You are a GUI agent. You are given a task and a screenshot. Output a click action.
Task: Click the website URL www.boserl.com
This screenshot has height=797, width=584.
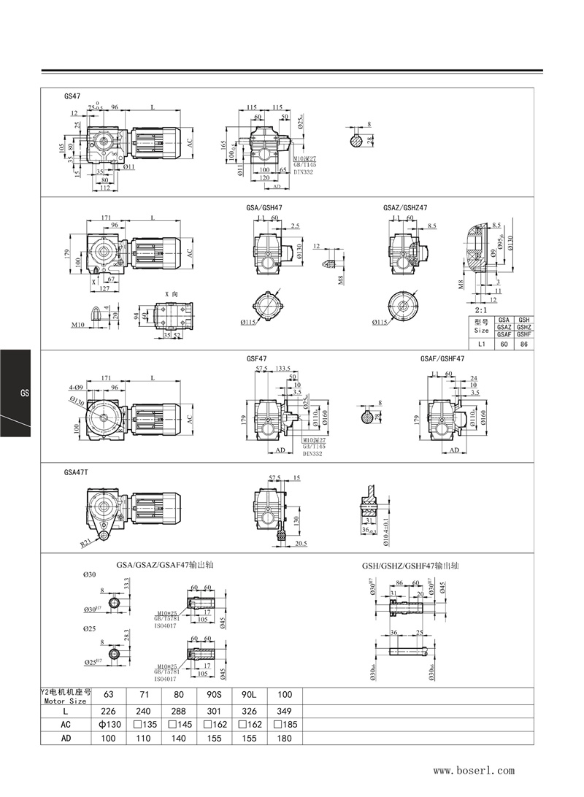pos(474,770)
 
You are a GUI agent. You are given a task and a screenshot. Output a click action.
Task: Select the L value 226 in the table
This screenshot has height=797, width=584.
pos(109,710)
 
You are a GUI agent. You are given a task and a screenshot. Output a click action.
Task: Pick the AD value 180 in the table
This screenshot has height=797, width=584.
pos(284,738)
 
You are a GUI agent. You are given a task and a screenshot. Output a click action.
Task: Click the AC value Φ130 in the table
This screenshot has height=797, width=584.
pos(109,724)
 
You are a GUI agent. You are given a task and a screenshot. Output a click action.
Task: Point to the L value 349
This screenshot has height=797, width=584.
pos(284,710)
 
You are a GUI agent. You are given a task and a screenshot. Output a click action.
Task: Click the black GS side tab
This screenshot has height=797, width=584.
pos(15,393)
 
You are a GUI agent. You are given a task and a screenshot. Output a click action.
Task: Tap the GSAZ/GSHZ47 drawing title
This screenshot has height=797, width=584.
pos(405,207)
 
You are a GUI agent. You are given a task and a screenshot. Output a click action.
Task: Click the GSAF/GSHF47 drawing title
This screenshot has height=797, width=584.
pos(442,359)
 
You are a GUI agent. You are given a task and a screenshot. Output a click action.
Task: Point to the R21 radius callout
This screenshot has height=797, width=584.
pos(86,544)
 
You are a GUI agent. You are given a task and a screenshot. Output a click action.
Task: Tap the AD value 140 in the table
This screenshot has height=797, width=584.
pos(179,738)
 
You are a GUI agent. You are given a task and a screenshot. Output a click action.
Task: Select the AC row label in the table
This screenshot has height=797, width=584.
pos(66,724)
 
